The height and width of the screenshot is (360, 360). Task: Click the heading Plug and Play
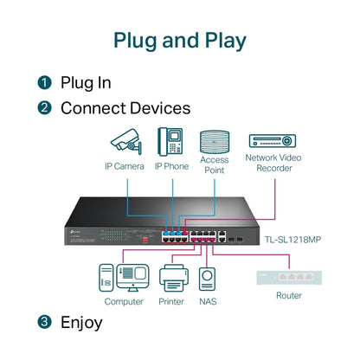click(x=180, y=40)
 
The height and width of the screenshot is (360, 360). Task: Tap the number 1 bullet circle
click(x=44, y=83)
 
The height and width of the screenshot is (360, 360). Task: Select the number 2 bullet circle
click(x=44, y=109)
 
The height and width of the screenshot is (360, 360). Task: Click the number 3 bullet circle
click(x=44, y=323)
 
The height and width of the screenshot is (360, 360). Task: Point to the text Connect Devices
click(x=125, y=109)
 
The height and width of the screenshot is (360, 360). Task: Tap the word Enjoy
click(x=81, y=323)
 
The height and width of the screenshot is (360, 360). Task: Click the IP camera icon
click(x=125, y=141)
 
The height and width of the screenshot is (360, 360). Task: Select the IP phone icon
click(x=170, y=141)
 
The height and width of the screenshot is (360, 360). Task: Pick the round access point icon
click(x=214, y=141)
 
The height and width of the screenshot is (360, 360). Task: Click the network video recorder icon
click(x=273, y=140)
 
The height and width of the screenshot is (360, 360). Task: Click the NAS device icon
click(x=208, y=278)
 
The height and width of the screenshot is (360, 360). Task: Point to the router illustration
click(x=289, y=278)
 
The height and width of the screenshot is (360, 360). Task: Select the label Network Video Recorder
click(x=273, y=164)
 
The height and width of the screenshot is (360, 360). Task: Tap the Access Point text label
click(x=214, y=164)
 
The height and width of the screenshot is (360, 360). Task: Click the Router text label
click(x=289, y=296)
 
